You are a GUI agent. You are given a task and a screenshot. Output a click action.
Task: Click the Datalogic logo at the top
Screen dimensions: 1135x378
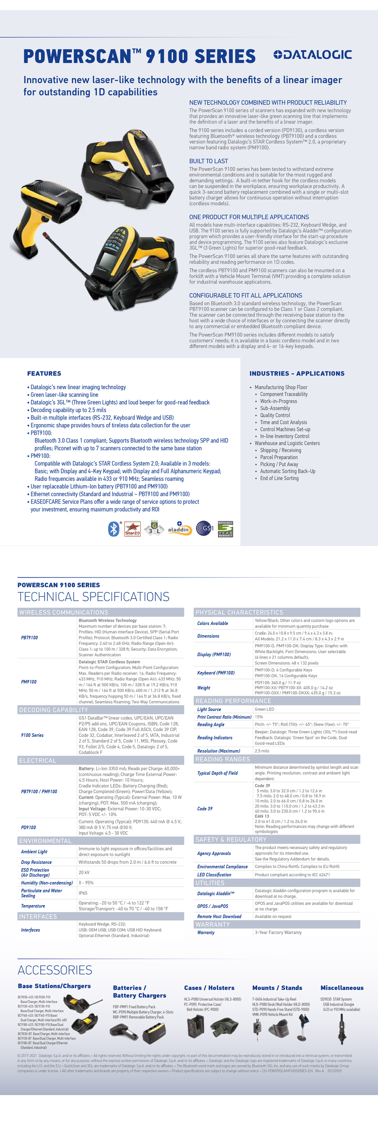(312, 55)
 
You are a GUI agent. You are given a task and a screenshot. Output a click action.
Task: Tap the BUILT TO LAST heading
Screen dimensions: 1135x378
(209, 161)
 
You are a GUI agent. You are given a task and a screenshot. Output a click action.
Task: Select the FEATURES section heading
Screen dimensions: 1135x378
(44, 373)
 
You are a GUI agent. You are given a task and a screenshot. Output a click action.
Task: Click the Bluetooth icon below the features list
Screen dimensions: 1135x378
(114, 529)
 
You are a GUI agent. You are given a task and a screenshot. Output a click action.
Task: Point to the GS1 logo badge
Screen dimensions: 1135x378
(205, 528)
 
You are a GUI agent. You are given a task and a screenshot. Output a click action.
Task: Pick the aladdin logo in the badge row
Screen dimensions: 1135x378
(179, 529)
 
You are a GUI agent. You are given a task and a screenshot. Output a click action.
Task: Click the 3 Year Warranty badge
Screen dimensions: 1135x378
(225, 529)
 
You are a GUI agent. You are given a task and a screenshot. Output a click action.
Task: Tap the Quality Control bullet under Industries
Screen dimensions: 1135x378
(275, 415)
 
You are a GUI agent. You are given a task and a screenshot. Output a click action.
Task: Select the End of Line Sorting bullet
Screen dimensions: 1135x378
(279, 478)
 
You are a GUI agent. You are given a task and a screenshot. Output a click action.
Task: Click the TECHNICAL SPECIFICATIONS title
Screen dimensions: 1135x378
(93, 597)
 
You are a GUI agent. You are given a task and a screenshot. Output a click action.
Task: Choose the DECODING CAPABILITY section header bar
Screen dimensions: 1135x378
(100, 710)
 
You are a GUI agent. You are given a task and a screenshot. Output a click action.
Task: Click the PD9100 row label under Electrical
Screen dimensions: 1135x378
(29, 827)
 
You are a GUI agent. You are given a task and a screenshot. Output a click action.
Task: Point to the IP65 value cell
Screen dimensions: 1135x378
(83, 893)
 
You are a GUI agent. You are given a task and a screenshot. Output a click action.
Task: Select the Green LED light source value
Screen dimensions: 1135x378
(264, 710)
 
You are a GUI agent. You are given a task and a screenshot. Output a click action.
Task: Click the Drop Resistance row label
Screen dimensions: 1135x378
(36, 862)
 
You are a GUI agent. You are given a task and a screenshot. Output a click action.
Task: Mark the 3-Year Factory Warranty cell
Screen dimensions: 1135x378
(278, 932)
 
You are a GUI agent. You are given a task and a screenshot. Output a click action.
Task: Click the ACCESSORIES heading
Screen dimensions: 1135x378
(55, 970)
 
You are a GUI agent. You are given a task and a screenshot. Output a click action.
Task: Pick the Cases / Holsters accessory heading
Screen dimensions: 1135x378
(209, 988)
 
